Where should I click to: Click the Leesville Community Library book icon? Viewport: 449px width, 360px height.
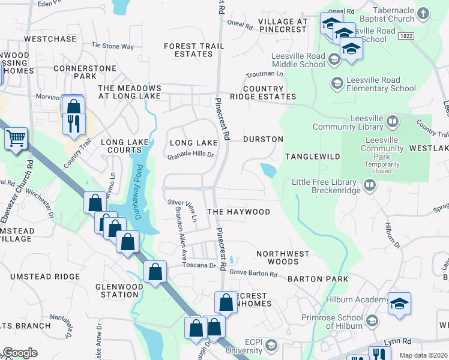[393, 122]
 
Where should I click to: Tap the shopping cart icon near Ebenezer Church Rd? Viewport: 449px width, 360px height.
[16, 139]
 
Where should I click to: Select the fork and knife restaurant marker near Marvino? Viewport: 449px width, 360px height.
[74, 123]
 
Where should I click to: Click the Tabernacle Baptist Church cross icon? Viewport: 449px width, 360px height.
[423, 13]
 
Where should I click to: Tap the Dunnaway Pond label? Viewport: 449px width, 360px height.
[137, 191]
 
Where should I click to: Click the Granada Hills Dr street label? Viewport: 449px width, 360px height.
[191, 154]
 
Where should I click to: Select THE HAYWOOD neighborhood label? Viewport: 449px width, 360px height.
[238, 212]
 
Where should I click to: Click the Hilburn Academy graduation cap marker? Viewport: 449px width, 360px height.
[399, 304]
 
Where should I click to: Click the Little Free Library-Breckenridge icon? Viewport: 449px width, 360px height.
[370, 184]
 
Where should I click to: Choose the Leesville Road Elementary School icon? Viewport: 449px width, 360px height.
[337, 82]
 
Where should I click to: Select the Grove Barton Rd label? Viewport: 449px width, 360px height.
[253, 274]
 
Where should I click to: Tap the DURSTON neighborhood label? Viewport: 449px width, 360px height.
[263, 139]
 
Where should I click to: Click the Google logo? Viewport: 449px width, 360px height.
[20, 353]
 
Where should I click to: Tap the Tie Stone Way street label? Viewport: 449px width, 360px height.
[112, 46]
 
